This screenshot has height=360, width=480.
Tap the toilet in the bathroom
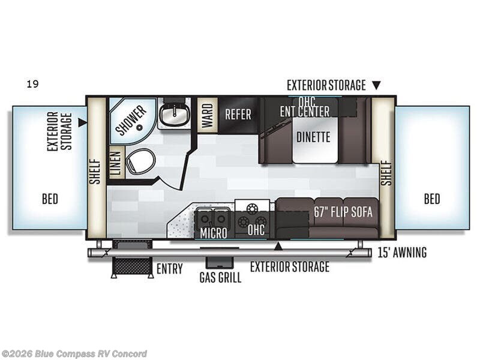(x=141, y=161)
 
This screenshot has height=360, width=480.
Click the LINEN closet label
(x=116, y=162)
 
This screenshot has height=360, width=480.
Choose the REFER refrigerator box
(x=238, y=114)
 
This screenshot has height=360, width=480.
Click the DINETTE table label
(x=313, y=137)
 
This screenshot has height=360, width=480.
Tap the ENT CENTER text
(x=305, y=112)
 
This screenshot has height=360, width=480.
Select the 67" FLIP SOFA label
(x=343, y=212)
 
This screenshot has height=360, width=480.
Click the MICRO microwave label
(x=214, y=233)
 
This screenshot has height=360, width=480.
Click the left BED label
(x=50, y=199)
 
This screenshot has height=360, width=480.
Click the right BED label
(x=432, y=199)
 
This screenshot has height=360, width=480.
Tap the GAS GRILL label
(x=221, y=278)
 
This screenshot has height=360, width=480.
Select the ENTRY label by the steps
(x=169, y=269)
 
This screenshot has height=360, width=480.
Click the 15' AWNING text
(x=402, y=253)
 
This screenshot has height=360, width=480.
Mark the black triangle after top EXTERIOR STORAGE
(x=376, y=86)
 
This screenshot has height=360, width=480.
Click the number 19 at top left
(x=32, y=84)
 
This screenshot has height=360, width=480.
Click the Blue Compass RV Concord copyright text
(x=74, y=353)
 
